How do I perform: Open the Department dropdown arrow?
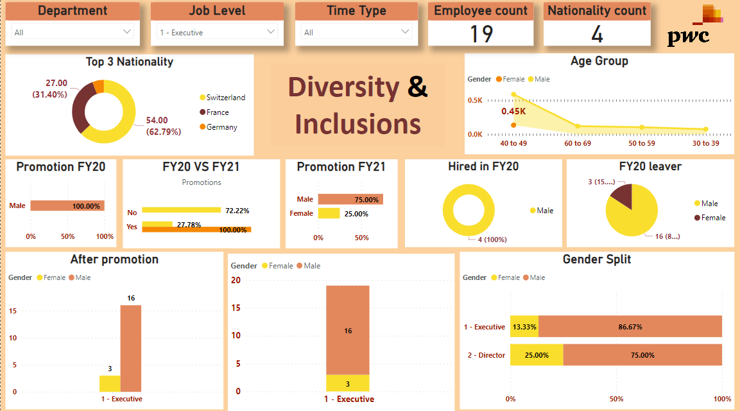[x=126, y=31]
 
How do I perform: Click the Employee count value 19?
[x=481, y=34]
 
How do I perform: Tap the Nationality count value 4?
[x=597, y=34]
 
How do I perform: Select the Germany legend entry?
[x=221, y=127]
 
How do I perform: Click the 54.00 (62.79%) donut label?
[x=164, y=126]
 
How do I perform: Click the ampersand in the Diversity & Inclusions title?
[x=417, y=87]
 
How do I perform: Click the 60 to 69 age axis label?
[x=578, y=143]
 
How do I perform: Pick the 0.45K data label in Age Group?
[x=513, y=111]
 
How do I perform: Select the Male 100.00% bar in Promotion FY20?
[x=67, y=206]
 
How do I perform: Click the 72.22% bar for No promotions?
[x=181, y=210]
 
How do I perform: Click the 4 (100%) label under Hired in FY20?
[x=492, y=240]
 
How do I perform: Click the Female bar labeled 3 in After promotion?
[x=110, y=383]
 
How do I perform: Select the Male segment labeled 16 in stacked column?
[x=347, y=330]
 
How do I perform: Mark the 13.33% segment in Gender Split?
[x=524, y=327]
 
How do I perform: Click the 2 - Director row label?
[x=486, y=355]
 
